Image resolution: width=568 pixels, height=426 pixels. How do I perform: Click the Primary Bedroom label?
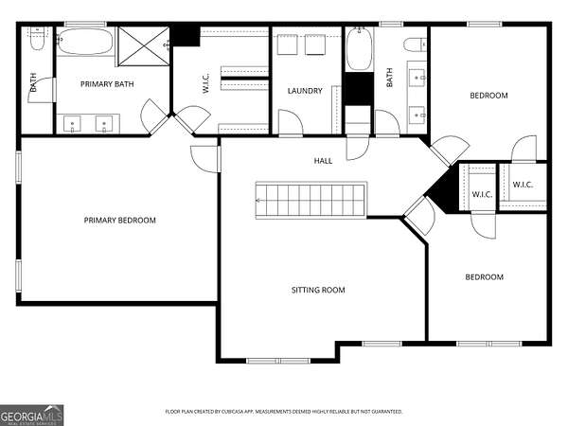[x=120, y=221]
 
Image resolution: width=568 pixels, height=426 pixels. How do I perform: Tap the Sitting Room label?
[x=318, y=290]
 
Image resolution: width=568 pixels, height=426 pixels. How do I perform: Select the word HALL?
[x=323, y=161]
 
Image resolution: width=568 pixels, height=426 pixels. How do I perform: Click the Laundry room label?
[x=305, y=91]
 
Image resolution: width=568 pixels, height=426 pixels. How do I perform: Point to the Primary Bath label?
[x=107, y=84]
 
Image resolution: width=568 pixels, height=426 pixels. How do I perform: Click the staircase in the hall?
[x=311, y=200]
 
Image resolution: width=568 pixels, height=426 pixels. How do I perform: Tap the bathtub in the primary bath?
[x=85, y=42]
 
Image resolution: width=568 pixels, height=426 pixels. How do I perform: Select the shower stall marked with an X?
[x=144, y=46]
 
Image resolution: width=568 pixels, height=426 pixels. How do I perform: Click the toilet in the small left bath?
[x=37, y=39]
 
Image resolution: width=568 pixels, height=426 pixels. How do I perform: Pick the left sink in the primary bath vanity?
[x=73, y=124]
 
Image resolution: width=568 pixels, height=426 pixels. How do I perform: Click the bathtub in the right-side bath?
[x=360, y=49]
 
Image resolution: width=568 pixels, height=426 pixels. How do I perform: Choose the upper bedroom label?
[x=488, y=96]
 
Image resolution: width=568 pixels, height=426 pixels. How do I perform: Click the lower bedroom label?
[x=485, y=277]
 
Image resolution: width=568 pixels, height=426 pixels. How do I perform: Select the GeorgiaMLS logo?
[x=32, y=416]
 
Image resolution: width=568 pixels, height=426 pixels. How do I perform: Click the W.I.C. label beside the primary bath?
[x=205, y=83]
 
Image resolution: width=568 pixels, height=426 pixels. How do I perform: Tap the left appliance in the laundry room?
[x=287, y=44]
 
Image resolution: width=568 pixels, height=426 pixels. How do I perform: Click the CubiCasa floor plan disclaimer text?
[x=284, y=412]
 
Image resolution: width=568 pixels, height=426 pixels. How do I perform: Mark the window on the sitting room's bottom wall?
[x=278, y=361]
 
